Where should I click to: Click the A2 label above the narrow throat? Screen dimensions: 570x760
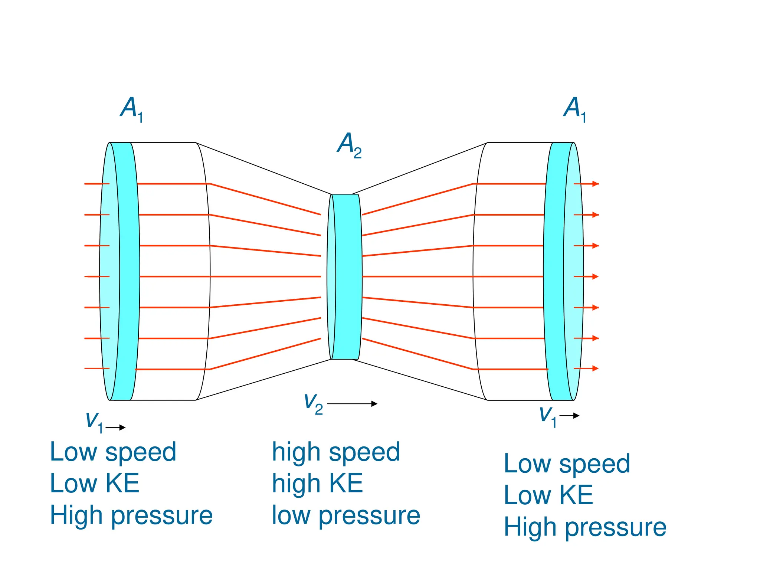[349, 145]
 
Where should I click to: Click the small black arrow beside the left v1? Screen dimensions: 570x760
[116, 427]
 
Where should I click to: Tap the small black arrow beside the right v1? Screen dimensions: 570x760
[569, 416]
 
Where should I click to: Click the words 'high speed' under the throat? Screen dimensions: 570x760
[336, 452]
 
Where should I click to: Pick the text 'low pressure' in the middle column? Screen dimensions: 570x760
[346, 516]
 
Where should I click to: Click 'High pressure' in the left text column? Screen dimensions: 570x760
[131, 516]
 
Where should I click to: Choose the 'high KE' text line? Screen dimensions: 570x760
[317, 484]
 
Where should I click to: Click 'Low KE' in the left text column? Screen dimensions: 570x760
[95, 484]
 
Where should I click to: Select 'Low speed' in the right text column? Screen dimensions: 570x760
[567, 464]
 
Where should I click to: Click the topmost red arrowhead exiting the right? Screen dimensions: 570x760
[595, 184]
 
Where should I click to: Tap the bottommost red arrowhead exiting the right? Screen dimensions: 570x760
[595, 368]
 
